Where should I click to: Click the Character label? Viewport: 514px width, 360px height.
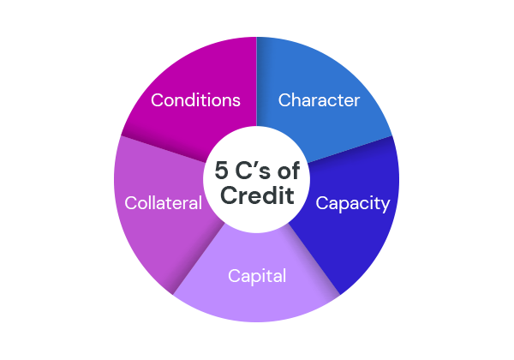[319, 100]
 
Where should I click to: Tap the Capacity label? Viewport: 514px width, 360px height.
[352, 203]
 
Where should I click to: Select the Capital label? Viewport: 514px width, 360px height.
[256, 276]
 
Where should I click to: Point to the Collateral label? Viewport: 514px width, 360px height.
[163, 203]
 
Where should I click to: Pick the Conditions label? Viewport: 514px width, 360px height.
[195, 100]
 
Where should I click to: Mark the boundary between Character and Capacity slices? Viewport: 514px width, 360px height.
[351, 150]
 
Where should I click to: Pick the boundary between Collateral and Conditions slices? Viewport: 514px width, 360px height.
[163, 150]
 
